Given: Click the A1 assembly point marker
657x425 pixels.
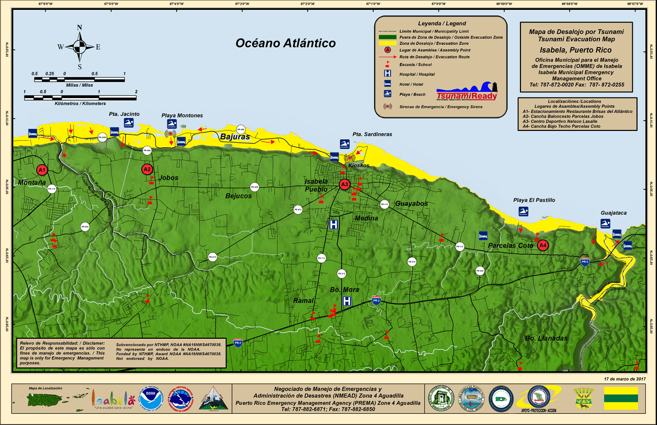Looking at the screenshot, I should tap(42, 170).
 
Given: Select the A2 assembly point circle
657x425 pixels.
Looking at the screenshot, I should tap(147, 169).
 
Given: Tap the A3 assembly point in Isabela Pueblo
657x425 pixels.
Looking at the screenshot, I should tap(344, 184).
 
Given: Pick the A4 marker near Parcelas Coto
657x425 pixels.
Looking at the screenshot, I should tap(543, 245).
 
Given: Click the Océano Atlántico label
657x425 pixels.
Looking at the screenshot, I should tap(285, 43).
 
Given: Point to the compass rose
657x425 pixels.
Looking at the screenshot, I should tap(80, 47).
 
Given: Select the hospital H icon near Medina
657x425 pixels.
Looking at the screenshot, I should tap(334, 224).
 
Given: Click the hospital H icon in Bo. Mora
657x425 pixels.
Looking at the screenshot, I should tap(347, 301).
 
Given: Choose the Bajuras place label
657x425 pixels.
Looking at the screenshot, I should tap(235, 137).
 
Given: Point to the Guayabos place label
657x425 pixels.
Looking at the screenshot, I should tap(412, 204).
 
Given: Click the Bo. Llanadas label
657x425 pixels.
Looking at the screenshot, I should tap(546, 338).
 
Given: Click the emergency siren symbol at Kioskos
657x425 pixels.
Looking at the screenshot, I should tap(350, 158).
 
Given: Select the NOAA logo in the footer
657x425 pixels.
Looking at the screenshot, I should tap(151, 398).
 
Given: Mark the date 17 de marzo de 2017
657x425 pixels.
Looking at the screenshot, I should tap(624, 378).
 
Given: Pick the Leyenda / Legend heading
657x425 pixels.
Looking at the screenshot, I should tap(442, 24).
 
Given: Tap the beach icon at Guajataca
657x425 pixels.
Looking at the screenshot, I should tap(606, 223).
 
